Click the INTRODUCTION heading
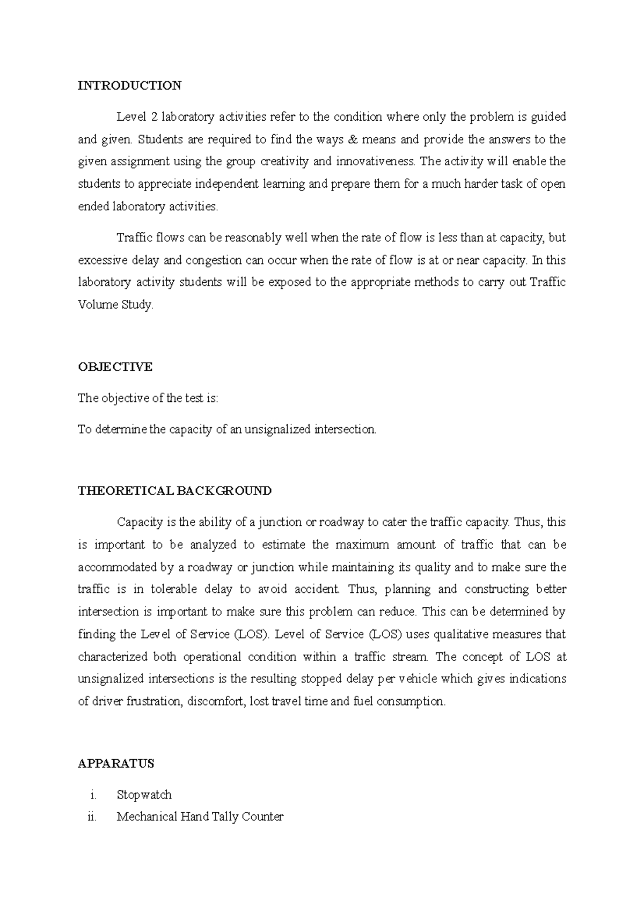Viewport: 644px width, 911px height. (129, 85)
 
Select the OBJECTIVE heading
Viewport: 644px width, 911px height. (115, 367)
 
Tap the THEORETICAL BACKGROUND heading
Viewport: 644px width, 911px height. (174, 491)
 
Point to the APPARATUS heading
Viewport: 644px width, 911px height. (116, 763)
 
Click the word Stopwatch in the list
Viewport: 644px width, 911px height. (144, 795)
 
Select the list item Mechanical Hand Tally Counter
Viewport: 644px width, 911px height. (200, 817)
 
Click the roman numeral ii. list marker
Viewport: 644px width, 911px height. (91, 817)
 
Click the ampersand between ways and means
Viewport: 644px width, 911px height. (352, 139)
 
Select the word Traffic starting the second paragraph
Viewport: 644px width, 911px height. (134, 238)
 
